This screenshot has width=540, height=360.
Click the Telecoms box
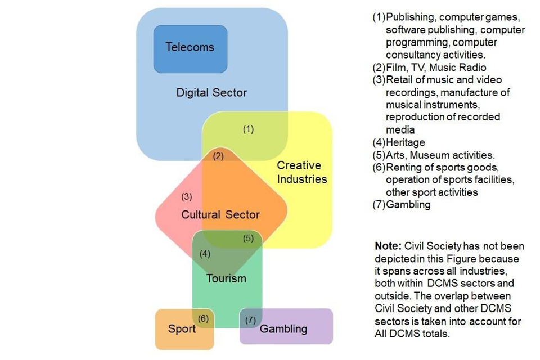click(190, 48)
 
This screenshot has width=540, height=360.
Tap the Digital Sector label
click(211, 93)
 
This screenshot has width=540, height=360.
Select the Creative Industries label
click(301, 172)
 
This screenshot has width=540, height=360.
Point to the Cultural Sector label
click(220, 214)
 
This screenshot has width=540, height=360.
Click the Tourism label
click(226, 278)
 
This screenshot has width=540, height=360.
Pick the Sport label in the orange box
click(182, 328)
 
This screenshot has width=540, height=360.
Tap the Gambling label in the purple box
click(283, 328)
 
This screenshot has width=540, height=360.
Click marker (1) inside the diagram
click(248, 129)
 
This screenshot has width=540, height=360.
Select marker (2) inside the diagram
click(218, 156)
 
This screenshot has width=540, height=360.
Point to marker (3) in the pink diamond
click(187, 197)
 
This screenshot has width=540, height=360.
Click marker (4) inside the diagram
click(205, 254)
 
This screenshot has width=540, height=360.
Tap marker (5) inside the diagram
click(248, 238)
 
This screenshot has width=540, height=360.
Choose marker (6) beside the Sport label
click(204, 318)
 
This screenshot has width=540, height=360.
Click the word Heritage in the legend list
click(405, 143)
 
